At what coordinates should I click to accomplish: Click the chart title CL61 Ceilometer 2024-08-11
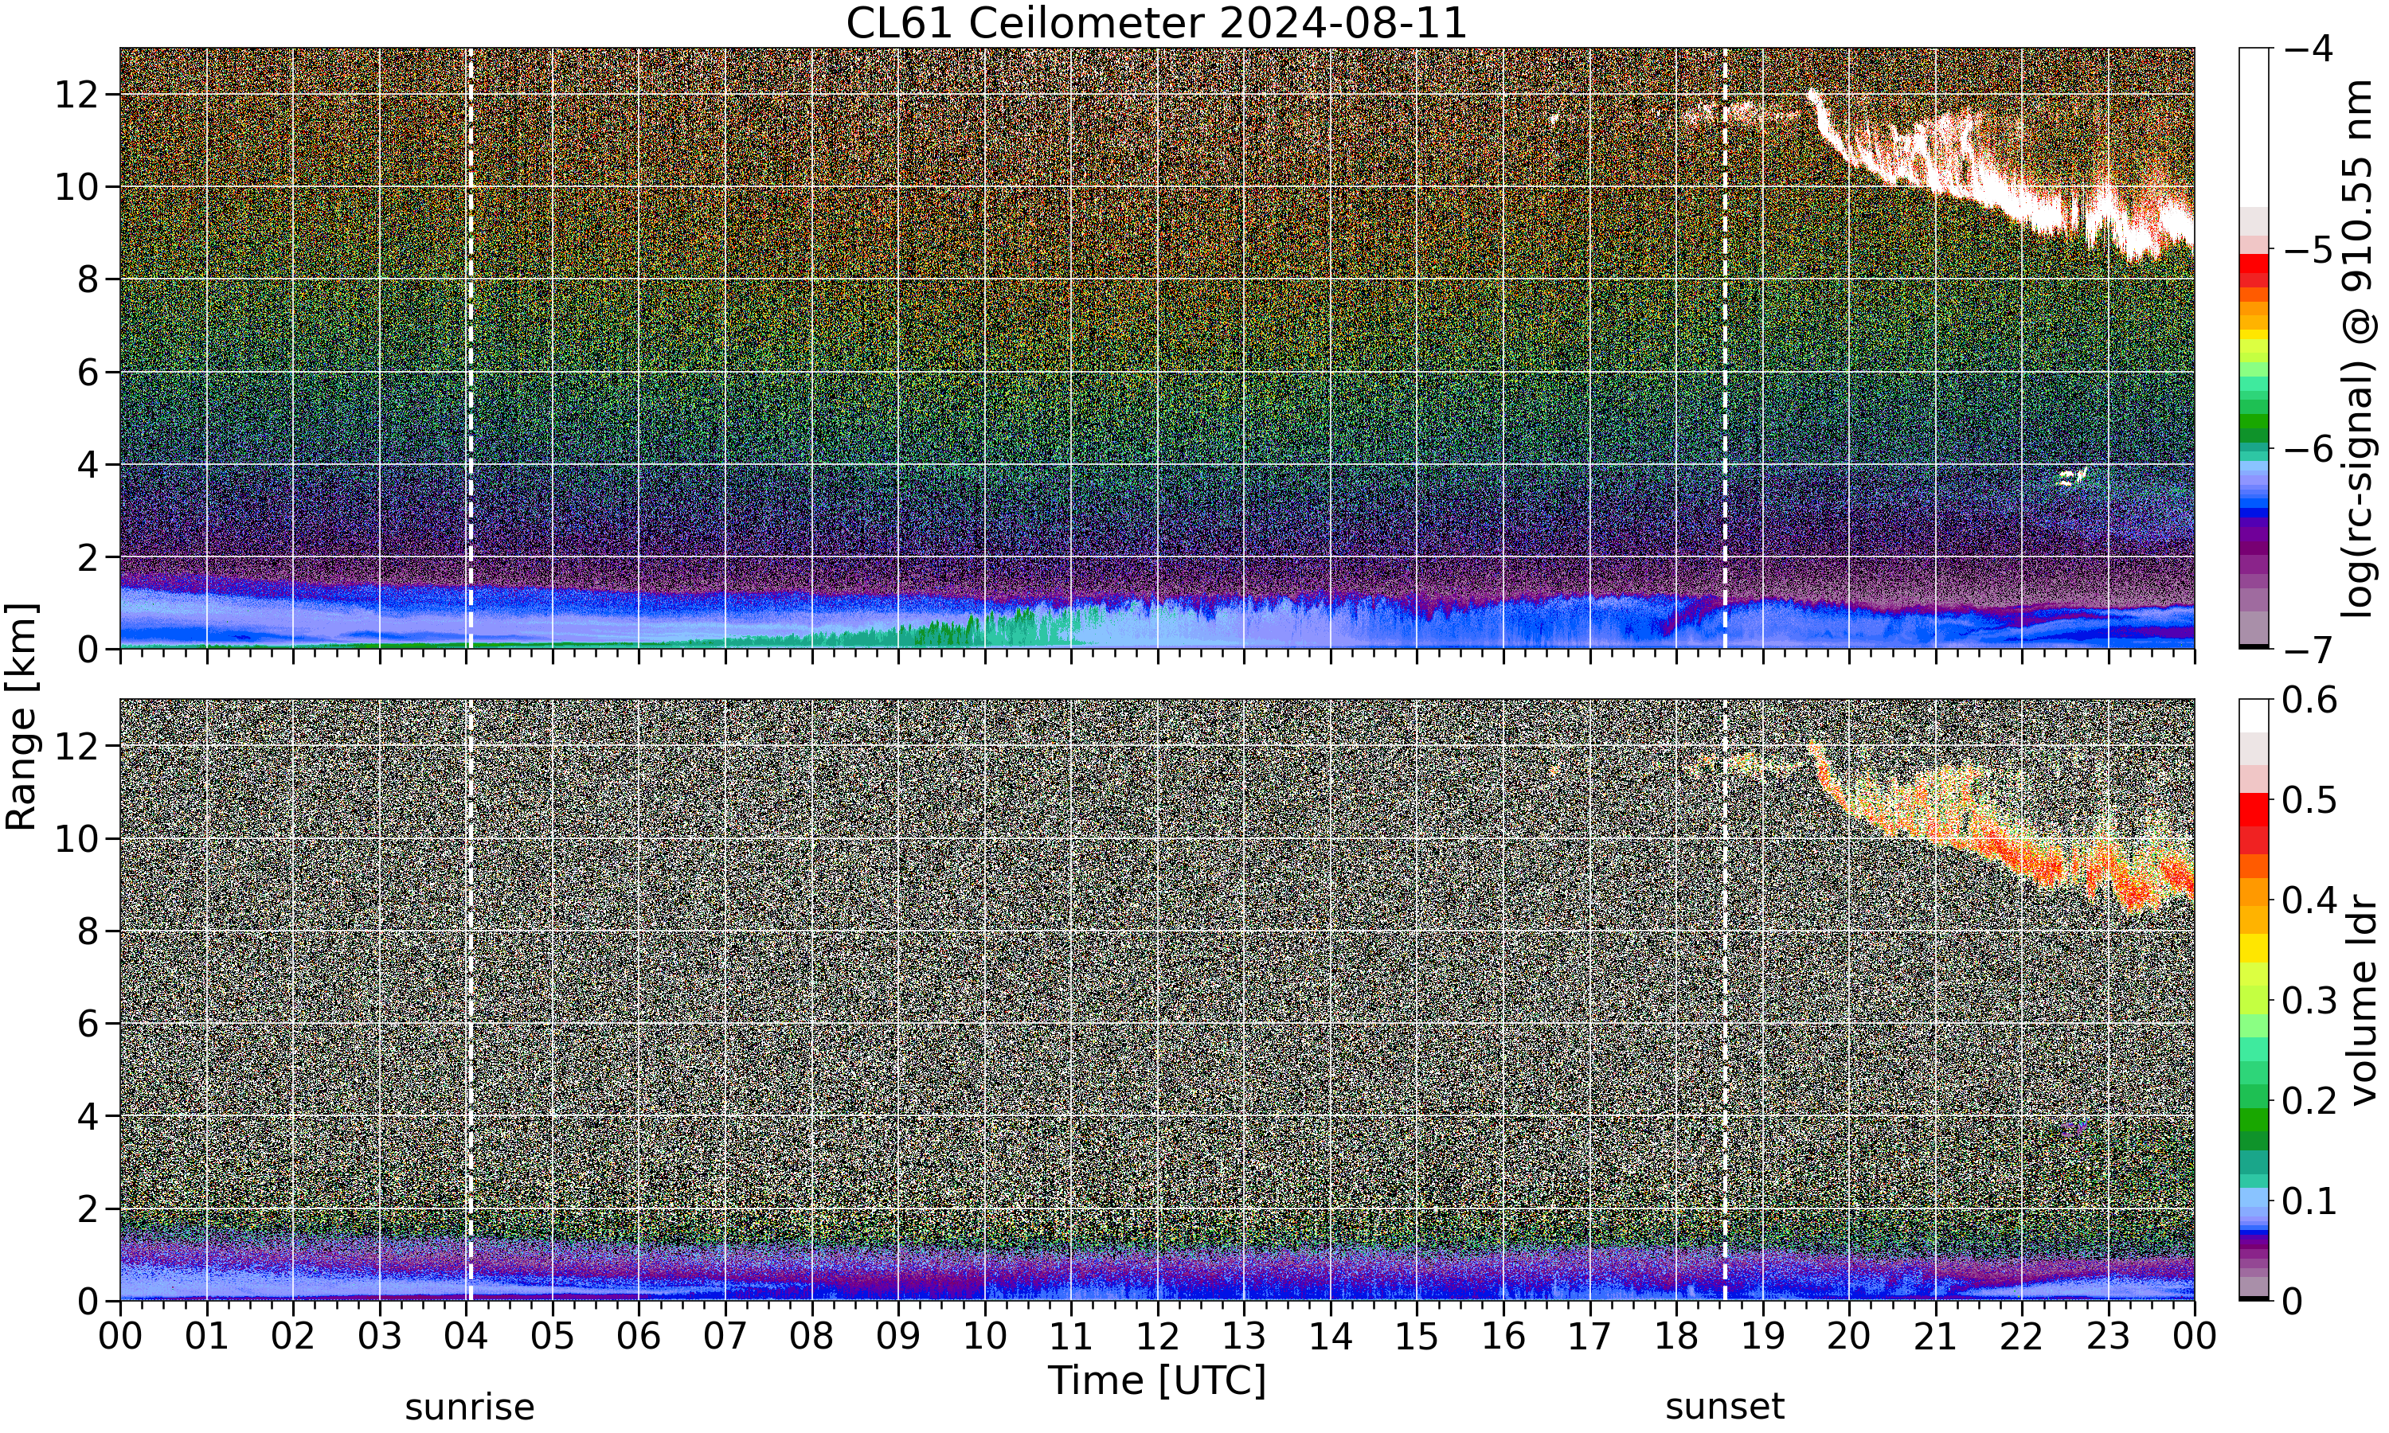pyautogui.click(x=1155, y=22)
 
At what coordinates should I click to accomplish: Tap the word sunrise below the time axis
pyautogui.click(x=469, y=1407)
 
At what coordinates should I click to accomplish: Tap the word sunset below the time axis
pyautogui.click(x=1725, y=1407)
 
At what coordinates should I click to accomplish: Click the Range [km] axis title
pyautogui.click(x=22, y=716)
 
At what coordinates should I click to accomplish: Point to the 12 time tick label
pyautogui.click(x=1157, y=1337)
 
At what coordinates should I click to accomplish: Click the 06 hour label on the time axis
pyautogui.click(x=639, y=1337)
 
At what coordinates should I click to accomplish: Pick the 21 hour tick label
pyautogui.click(x=1935, y=1337)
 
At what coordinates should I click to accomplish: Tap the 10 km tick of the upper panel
pyautogui.click(x=77, y=187)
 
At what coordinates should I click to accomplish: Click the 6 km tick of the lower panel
pyautogui.click(x=89, y=1024)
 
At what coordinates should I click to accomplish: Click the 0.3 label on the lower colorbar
pyautogui.click(x=2310, y=1001)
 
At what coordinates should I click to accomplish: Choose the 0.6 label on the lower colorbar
pyautogui.click(x=2310, y=700)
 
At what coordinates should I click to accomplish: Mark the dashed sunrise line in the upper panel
pyautogui.click(x=471, y=348)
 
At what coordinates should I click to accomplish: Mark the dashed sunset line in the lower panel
pyautogui.click(x=1725, y=999)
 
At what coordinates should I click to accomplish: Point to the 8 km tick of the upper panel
pyautogui.click(x=89, y=280)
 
